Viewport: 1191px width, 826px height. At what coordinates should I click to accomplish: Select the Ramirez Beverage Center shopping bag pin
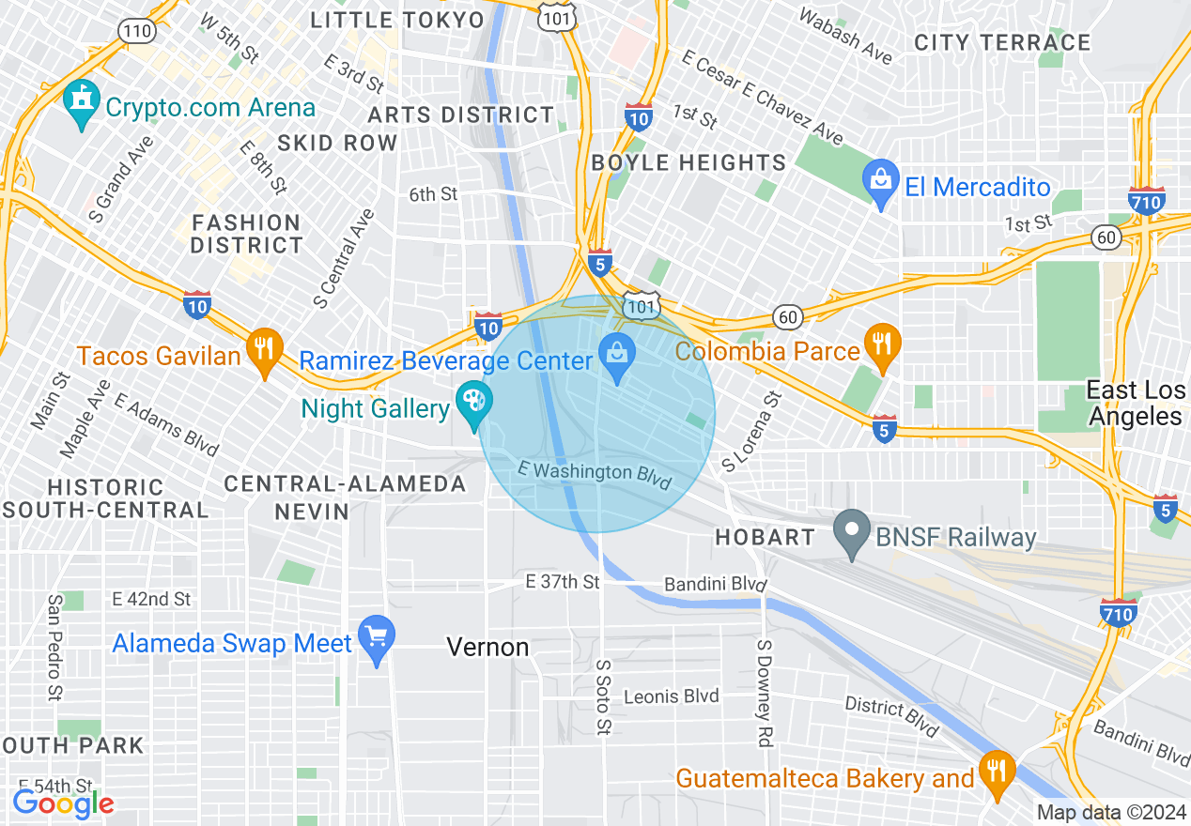(x=617, y=358)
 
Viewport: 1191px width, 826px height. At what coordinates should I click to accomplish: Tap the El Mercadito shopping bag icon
(x=881, y=184)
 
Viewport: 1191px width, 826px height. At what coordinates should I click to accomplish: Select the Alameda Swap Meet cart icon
(x=377, y=640)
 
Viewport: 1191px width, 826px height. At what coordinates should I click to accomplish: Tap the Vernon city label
(x=487, y=647)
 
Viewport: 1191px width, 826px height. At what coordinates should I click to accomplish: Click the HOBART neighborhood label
(x=765, y=538)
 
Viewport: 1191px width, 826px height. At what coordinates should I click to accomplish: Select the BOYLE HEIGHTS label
(x=688, y=162)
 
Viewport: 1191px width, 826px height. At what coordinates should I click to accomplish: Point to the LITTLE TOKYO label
(x=397, y=20)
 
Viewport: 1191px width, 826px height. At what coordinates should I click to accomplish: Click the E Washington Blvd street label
(x=595, y=474)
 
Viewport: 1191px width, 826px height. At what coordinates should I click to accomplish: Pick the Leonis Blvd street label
(x=671, y=696)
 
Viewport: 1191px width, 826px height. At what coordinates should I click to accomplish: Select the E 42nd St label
(x=150, y=599)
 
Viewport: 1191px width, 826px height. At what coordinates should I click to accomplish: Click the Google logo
(x=63, y=803)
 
